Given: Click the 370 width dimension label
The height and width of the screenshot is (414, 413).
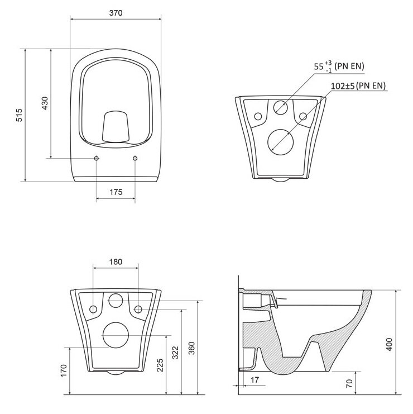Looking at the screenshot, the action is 116,13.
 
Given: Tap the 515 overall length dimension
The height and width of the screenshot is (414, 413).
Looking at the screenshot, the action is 20,115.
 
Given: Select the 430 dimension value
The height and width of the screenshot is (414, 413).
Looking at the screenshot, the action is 45,103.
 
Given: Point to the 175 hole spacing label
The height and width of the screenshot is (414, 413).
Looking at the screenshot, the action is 116,192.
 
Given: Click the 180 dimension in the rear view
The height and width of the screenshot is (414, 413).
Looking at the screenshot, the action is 116,261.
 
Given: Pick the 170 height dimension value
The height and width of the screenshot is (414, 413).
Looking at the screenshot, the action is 64,370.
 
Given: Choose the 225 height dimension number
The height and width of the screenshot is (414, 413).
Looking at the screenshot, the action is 160,365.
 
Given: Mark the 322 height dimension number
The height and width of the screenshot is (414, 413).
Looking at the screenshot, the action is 175,353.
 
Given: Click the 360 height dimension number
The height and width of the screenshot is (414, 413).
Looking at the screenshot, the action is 192,348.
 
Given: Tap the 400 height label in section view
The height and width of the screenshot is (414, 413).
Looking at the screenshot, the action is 389,344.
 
